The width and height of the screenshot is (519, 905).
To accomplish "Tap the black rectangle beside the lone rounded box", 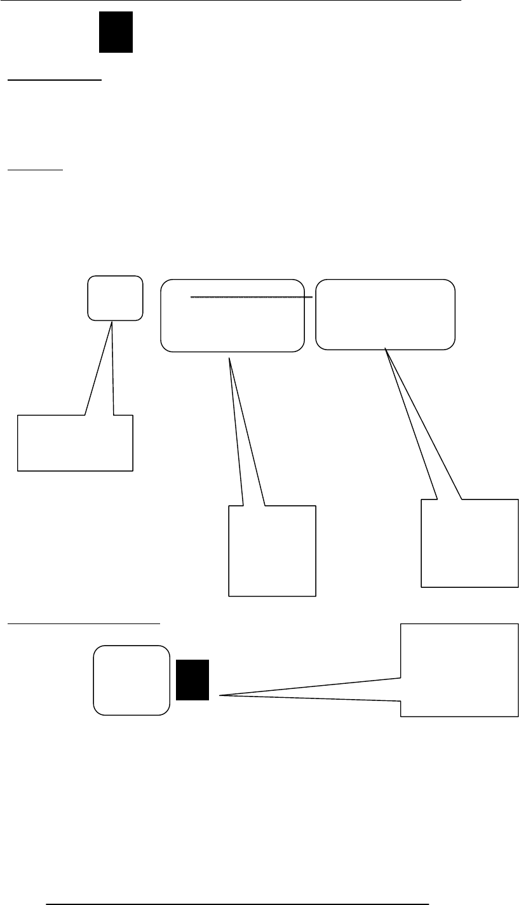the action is click(x=192, y=680).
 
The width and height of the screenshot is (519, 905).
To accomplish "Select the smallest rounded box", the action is click(x=115, y=297).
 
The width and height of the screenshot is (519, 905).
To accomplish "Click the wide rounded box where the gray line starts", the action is click(x=231, y=324).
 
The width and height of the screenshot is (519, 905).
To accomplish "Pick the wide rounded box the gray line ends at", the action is click(x=386, y=324).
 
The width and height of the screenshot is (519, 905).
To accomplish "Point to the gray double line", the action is click(x=252, y=297).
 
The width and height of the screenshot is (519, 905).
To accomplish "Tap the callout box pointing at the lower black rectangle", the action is click(x=459, y=671).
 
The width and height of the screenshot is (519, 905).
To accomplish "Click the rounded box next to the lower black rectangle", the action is click(x=131, y=680).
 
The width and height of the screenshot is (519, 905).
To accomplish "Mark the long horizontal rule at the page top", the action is click(x=230, y=1).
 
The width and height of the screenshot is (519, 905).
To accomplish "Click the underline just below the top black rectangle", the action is click(x=54, y=81).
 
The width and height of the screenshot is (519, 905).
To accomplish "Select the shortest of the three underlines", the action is click(x=35, y=170).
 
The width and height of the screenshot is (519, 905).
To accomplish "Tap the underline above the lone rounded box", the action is click(x=83, y=623).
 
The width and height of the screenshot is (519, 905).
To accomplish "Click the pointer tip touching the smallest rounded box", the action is click(x=112, y=322).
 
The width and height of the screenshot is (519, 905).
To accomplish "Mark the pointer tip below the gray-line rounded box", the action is click(x=229, y=359).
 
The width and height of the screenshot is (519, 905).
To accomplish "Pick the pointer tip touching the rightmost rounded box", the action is click(x=385, y=348).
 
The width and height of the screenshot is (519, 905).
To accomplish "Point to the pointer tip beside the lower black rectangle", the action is click(x=220, y=696).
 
